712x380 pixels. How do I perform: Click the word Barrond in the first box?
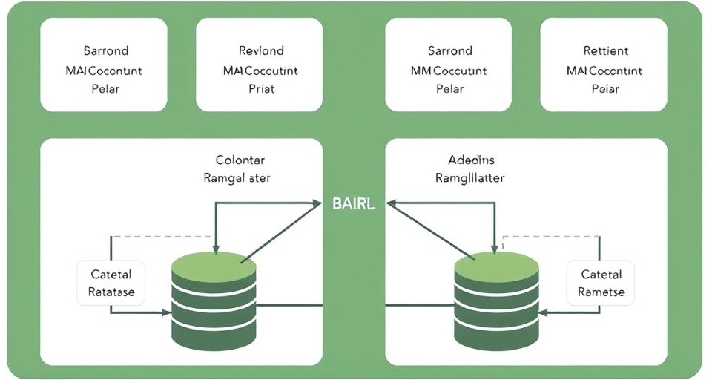105,50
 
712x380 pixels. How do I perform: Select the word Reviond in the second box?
261,50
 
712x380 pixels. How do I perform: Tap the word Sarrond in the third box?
450,50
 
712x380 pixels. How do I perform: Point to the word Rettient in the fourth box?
605,50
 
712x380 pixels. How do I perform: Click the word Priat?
261,89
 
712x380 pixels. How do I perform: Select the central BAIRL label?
354,204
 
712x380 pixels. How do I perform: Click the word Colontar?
240,160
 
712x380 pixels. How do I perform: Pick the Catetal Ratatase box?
111,283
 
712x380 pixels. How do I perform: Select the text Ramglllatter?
470,178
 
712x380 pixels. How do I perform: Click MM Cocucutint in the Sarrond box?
449,71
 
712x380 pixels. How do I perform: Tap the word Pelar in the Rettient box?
605,89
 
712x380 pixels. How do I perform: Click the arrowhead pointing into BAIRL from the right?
388,202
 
